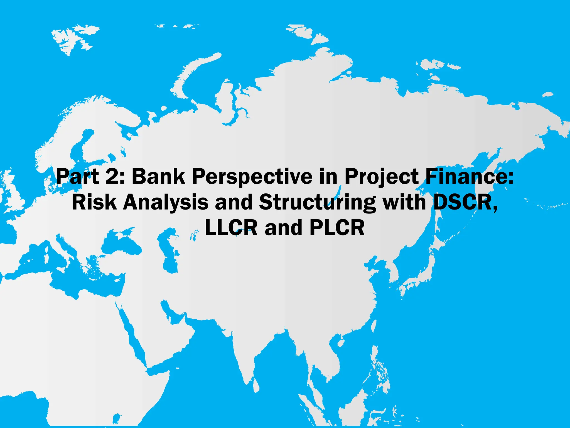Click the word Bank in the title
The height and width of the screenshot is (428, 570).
[x=158, y=176]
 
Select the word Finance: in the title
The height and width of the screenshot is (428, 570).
[x=469, y=176]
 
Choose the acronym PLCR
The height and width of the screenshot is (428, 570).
[x=337, y=228]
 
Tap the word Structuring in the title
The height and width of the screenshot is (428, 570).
[x=317, y=203]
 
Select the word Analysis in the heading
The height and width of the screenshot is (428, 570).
[x=166, y=203]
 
